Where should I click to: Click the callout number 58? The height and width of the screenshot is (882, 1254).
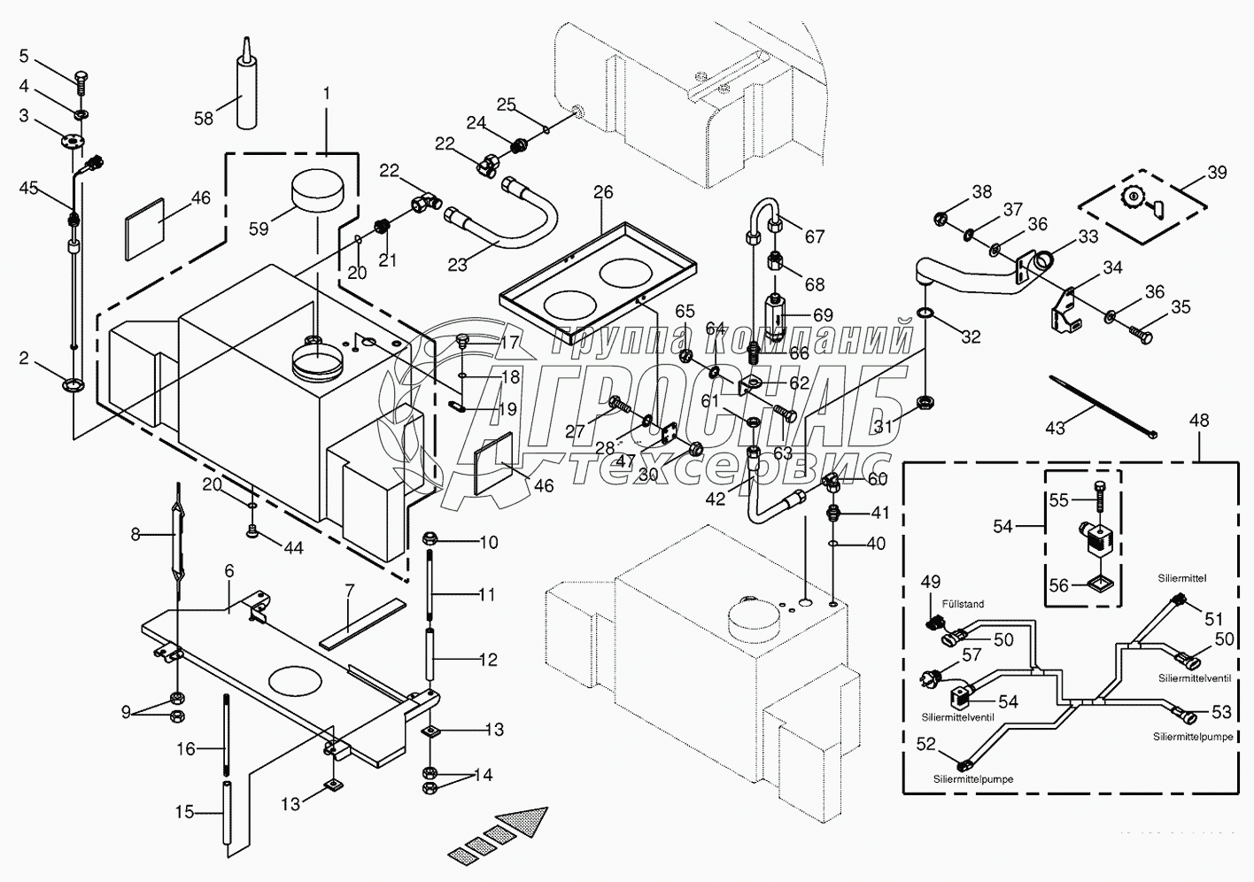click(x=204, y=117)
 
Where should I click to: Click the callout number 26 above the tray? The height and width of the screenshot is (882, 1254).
click(x=603, y=192)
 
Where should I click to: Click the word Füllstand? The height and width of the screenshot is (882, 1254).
click(x=964, y=604)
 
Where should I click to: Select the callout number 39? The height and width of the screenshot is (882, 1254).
click(x=1218, y=172)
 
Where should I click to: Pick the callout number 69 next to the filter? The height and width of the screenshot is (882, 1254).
click(x=823, y=315)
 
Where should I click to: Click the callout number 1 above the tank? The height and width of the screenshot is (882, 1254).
click(x=326, y=93)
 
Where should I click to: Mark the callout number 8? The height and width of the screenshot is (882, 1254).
click(x=135, y=534)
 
